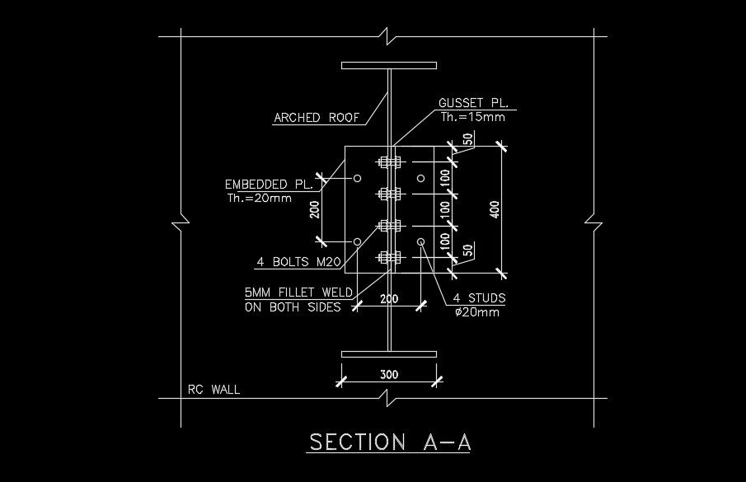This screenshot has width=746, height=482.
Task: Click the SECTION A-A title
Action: pos(389,442)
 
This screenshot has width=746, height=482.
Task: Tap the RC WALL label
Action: pos(213,389)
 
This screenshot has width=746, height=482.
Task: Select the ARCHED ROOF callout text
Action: pos(317,118)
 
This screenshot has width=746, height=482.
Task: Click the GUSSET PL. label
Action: pos(474,103)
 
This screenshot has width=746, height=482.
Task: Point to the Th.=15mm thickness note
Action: pos(472,117)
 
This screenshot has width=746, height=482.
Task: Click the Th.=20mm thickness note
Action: pos(259,198)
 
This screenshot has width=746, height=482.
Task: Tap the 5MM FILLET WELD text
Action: pos(298,292)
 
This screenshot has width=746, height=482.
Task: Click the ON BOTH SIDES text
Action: pos(293,307)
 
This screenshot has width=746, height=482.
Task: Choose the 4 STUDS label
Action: pos(480,297)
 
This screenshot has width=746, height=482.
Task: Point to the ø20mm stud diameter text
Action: pos(476,311)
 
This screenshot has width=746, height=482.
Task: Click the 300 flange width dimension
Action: pos(389,375)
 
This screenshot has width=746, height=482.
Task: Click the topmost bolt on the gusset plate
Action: pos(389,161)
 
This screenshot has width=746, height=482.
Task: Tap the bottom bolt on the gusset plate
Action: pos(389,258)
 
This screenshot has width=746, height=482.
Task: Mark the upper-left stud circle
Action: pos(357,178)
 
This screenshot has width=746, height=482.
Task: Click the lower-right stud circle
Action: pos(420,241)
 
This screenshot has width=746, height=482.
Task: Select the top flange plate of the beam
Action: pos(389,64)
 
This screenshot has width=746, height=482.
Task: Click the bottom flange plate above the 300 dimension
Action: pos(389,353)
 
